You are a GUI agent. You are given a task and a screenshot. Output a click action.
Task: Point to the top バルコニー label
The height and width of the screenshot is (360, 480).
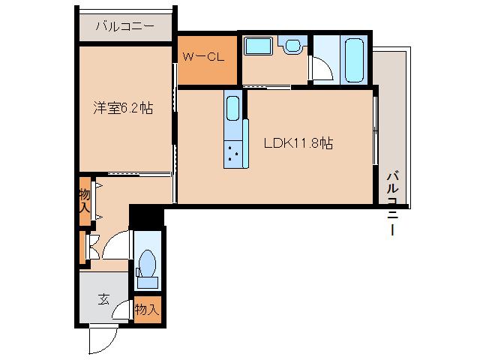pos(125,28)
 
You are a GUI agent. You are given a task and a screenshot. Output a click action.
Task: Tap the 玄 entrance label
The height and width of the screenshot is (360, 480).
pos(104,298)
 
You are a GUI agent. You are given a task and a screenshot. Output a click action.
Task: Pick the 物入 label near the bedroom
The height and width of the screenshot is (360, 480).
pos(85,200)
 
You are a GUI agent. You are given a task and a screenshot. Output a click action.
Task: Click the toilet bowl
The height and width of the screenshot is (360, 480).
pos(147,266)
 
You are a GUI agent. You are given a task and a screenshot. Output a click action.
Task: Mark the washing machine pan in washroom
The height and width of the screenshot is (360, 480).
pos(259,47)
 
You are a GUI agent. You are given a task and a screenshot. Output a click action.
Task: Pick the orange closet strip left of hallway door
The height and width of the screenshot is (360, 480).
pos(82,248)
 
